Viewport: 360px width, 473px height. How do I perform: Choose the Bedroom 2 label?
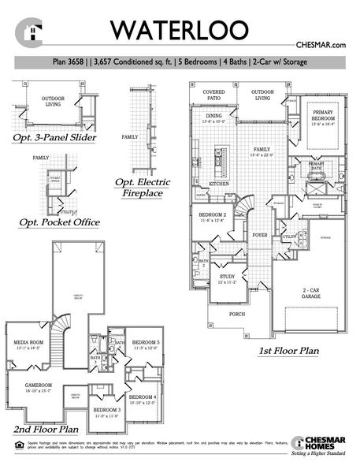click(x=213, y=216)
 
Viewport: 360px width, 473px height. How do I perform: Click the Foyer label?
click(x=259, y=234)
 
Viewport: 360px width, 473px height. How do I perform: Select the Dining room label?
click(x=213, y=117)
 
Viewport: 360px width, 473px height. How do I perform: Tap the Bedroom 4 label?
click(x=143, y=397)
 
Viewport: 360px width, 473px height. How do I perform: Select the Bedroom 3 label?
click(x=106, y=411)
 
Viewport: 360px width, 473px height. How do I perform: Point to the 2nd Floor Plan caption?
click(x=46, y=430)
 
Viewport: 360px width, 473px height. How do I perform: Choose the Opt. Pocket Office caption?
click(x=60, y=223)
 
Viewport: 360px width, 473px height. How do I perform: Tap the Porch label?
click(x=237, y=315)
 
